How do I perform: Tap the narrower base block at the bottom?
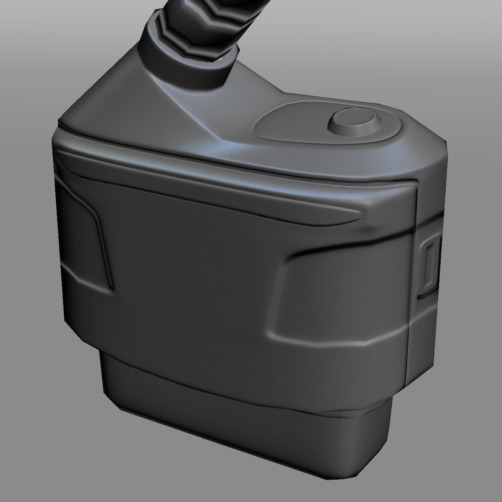(x=242, y=418)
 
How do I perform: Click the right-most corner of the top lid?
(x=446, y=139)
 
